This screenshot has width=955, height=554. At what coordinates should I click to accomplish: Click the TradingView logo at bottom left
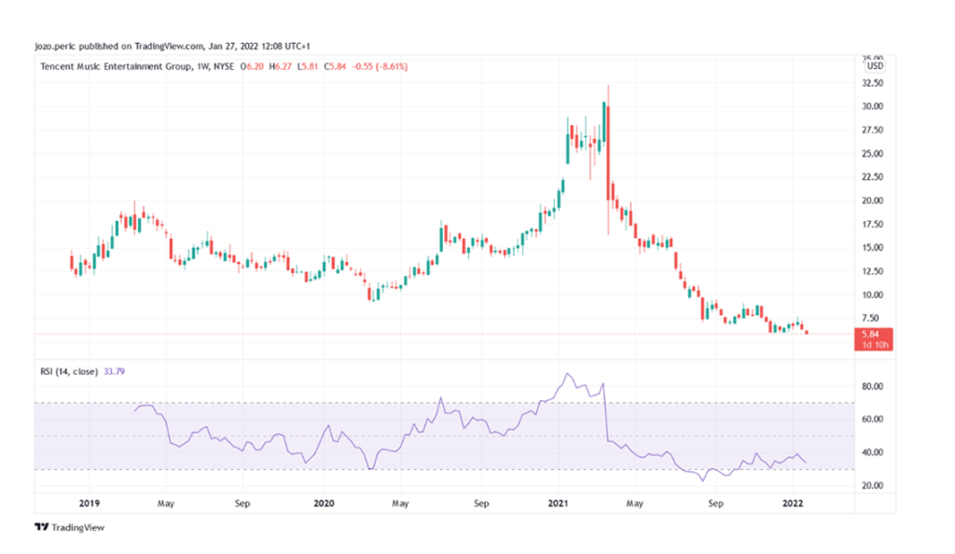pos(70,528)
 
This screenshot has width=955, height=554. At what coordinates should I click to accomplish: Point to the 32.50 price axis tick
pos(874,83)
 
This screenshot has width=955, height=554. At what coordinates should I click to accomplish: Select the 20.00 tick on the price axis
pos(874,201)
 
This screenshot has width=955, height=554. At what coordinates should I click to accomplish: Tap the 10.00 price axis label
pos(874,295)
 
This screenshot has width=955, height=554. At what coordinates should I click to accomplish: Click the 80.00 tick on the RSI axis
pos(874,386)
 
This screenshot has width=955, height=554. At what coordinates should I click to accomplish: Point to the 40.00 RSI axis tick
pos(874,452)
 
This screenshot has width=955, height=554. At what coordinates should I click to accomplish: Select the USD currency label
pos(875,66)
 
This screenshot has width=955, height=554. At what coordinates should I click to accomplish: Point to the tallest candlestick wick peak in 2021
pos(608,86)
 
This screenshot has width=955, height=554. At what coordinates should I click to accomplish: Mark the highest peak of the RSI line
pos(567,374)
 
